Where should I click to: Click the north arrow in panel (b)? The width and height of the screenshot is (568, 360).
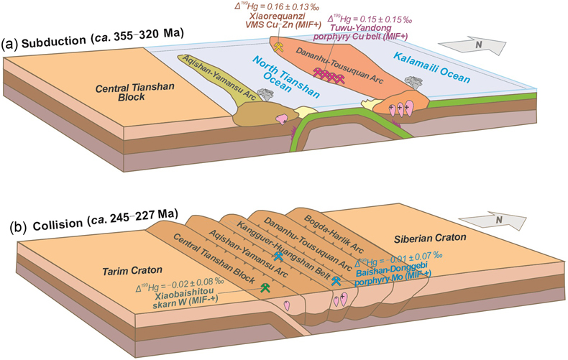tap(493, 220)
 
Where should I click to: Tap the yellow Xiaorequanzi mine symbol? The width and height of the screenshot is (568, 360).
tap(278, 47)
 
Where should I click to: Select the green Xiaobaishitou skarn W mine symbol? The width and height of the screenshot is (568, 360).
tap(265, 287)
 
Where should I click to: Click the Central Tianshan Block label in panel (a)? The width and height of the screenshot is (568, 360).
tap(134, 92)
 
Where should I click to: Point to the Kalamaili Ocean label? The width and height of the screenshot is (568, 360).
tap(432, 68)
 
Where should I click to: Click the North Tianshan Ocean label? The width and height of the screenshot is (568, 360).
tap(286, 77)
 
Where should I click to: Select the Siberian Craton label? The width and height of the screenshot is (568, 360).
tap(430, 239)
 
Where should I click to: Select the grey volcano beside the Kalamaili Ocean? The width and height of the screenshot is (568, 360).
tap(413, 82)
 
